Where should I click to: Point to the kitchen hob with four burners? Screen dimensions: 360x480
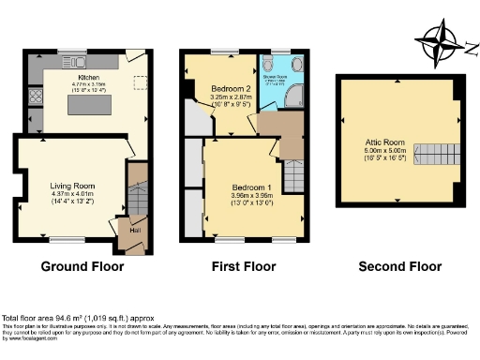(36, 97)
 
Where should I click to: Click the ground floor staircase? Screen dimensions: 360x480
(137, 196)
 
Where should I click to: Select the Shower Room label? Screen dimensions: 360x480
(279, 81)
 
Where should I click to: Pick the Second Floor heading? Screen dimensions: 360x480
(399, 267)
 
